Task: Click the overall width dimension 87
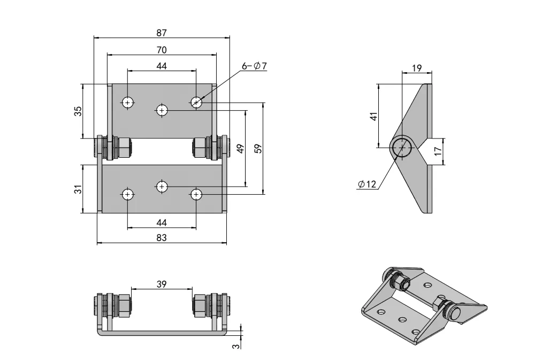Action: click(162, 33)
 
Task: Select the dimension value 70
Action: click(162, 50)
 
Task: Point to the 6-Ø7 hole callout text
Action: click(254, 66)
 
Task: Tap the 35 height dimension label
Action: click(78, 111)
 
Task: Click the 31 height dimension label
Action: click(78, 189)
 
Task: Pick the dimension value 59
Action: click(258, 149)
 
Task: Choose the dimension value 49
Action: click(241, 149)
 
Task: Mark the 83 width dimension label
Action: click(162, 238)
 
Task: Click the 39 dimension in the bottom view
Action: click(162, 284)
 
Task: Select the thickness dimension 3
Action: click(235, 347)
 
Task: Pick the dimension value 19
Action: click(417, 68)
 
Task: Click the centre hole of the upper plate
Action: click(162, 110)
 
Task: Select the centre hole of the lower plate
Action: click(162, 186)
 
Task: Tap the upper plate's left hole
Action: click(128, 102)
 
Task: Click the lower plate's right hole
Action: click(196, 194)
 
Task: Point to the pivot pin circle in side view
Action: click(401, 148)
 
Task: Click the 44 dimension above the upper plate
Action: click(162, 66)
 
